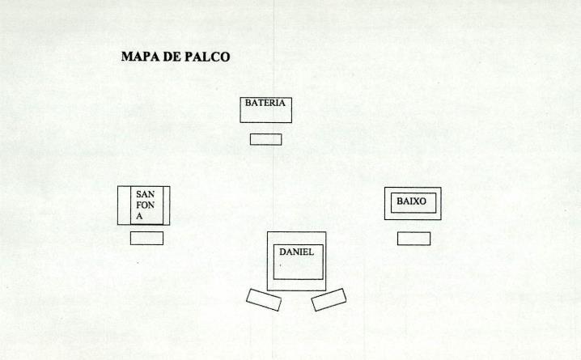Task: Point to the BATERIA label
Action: point(265,104)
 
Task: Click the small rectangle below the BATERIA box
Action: point(265,139)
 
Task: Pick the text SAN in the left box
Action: point(145,194)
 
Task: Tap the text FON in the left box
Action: point(145,205)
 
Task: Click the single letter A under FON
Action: point(139,217)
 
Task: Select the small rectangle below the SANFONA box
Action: point(146,238)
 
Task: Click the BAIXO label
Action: point(412,201)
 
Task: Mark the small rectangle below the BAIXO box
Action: point(413,239)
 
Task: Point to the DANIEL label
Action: point(296,252)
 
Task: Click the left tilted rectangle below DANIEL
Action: point(264,299)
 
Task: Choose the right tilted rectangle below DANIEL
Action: point(329,299)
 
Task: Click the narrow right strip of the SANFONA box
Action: point(167,205)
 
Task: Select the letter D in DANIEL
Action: point(283,252)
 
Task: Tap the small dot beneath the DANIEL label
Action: point(281,265)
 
